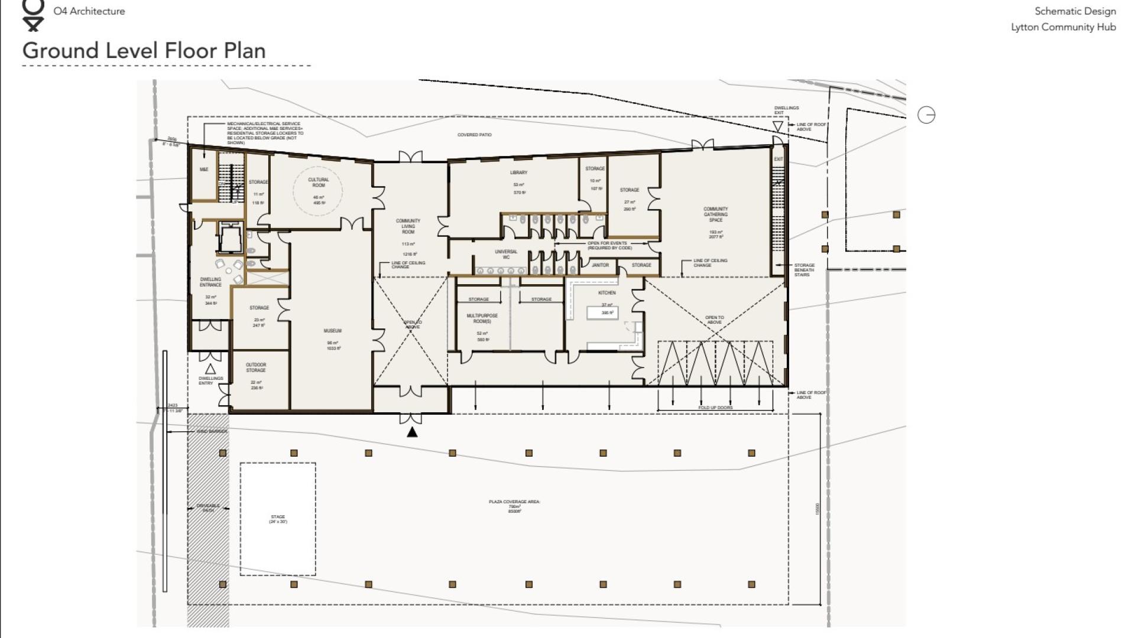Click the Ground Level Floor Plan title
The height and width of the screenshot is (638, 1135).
(x=144, y=51)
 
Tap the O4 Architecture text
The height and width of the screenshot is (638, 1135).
(x=89, y=11)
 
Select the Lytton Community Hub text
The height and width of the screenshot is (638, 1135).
(x=1063, y=27)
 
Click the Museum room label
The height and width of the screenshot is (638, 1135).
(x=332, y=331)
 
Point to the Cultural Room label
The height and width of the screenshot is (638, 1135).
(x=318, y=183)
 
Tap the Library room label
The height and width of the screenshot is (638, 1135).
(x=518, y=172)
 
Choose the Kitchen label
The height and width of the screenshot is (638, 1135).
(x=607, y=293)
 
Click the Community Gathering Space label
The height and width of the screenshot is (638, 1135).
(x=715, y=214)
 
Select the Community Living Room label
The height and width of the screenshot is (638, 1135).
(x=408, y=226)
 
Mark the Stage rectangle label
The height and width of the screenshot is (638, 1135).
(x=278, y=519)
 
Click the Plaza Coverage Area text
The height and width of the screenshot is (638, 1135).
(x=514, y=502)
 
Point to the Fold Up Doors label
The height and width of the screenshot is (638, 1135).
(x=715, y=408)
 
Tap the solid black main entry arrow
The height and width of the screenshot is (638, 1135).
(x=412, y=432)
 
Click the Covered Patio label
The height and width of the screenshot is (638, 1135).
(x=474, y=135)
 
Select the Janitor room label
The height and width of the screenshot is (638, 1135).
(x=600, y=265)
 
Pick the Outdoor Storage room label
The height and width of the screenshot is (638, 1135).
(x=256, y=367)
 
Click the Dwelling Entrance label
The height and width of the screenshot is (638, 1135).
(x=210, y=282)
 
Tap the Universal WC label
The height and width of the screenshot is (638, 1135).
(x=506, y=254)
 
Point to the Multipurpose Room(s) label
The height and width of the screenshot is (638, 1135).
(x=482, y=318)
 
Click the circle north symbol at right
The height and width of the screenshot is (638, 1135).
(x=926, y=115)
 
